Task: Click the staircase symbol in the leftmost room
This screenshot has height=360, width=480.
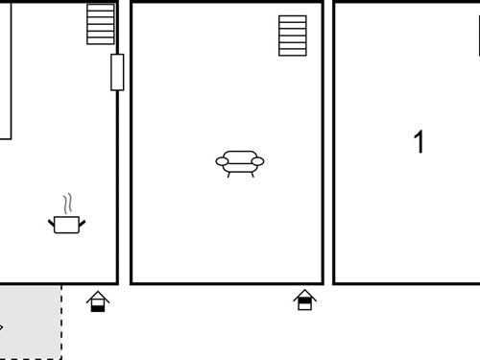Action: tap(101, 24)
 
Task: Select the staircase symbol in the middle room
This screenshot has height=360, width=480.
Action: tap(293, 36)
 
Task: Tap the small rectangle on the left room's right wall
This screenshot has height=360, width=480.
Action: tap(117, 72)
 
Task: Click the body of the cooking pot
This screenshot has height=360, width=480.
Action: tap(66, 225)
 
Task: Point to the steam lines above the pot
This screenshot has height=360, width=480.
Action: tap(67, 204)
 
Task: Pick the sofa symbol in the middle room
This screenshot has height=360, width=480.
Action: tap(239, 162)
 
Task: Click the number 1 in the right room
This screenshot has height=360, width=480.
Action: tap(419, 142)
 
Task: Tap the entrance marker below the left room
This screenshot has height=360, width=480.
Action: tap(98, 302)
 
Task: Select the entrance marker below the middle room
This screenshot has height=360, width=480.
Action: tap(305, 300)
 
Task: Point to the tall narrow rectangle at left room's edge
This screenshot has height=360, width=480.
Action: tap(4, 69)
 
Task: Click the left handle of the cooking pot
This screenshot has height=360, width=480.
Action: tap(52, 224)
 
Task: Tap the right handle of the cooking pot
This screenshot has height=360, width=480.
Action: tap(82, 224)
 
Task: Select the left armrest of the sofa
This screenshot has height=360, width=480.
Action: tap(222, 162)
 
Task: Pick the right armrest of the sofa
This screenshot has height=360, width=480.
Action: tap(256, 162)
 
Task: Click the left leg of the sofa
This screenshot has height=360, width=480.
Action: tap(228, 174)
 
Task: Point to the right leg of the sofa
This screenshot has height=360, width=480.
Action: tap(252, 174)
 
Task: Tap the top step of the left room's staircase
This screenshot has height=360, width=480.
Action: tap(101, 8)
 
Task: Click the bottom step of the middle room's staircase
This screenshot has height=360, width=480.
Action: tap(293, 52)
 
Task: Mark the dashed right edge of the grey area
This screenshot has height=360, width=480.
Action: tap(61, 321)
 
